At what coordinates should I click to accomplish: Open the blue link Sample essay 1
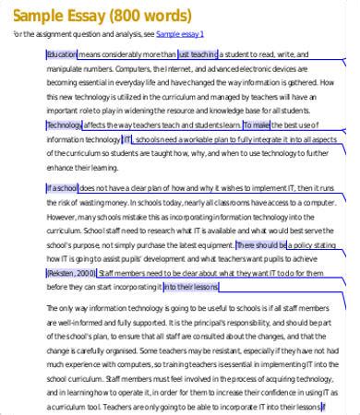coord(181,34)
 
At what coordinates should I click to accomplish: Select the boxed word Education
coord(62,55)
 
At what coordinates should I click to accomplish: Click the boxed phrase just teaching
coord(197,55)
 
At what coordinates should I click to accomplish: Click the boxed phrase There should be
coord(261,244)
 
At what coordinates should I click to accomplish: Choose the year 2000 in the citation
coord(86,274)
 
